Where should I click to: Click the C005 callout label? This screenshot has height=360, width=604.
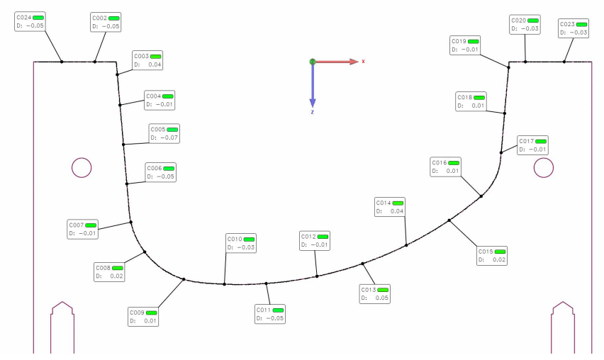157,130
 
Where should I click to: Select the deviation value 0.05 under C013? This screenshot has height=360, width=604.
381,298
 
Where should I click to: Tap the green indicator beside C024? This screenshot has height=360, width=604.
38,16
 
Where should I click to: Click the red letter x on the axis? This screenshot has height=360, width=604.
363,62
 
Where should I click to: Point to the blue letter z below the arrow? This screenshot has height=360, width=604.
312,112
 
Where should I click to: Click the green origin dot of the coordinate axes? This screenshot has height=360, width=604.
312,62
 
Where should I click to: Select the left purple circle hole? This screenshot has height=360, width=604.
82,167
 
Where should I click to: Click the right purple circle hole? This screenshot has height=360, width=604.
544,167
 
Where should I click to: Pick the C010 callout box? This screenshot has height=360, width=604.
241,243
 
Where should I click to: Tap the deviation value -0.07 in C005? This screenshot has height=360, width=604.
169,137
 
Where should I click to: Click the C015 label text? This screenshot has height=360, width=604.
486,252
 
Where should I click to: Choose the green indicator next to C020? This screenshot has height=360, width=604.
532,21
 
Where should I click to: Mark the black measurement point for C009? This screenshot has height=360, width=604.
184,279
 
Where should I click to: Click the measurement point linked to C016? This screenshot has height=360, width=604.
481,196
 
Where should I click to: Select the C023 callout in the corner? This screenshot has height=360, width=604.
574,28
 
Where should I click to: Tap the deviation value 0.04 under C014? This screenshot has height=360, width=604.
396,211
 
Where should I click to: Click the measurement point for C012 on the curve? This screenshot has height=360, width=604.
317,276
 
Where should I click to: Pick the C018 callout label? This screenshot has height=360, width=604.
464,97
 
